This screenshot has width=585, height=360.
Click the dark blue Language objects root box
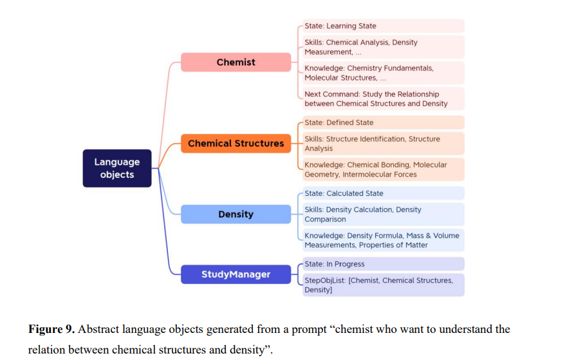click(117, 168)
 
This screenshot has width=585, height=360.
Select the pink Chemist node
click(236, 62)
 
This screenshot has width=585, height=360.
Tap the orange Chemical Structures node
click(236, 143)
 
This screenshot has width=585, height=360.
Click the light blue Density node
click(236, 214)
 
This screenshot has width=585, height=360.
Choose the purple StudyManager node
click(236, 274)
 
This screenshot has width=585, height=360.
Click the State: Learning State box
click(383, 26)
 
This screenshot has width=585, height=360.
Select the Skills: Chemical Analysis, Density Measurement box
click(383, 47)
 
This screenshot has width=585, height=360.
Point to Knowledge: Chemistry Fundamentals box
click(383, 73)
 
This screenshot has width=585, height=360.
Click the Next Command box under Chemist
click(383, 99)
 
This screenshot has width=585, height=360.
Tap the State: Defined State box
click(383, 122)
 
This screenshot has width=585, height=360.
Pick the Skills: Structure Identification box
click(383, 144)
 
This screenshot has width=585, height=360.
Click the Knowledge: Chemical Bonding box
click(383, 169)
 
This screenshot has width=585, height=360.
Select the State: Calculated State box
click(383, 193)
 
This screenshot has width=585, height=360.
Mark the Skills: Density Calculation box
click(383, 214)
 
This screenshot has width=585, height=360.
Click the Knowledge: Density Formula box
click(383, 240)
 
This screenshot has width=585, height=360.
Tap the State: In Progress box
click(383, 264)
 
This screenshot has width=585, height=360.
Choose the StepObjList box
click(383, 285)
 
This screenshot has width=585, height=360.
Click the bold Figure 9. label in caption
click(51, 330)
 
